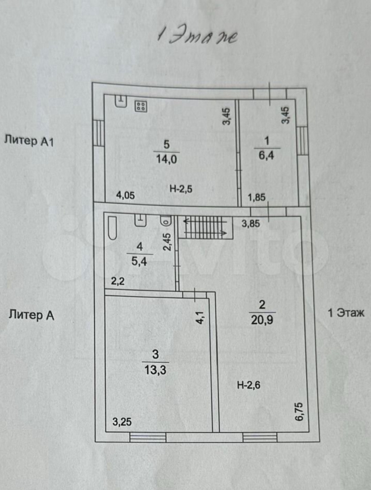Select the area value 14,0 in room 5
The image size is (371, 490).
coord(166,159)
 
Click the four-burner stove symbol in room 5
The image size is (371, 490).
coord(141,106)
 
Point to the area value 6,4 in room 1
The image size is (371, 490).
coord(266,155)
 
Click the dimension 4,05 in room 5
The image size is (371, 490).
coord(125,195)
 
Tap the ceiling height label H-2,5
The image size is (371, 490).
coord(181,189)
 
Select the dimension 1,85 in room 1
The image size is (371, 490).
coord(257,197)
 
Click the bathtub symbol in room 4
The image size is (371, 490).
coord(112,228)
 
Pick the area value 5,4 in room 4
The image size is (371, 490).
coord(139,262)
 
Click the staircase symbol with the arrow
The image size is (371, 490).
coord(205,227)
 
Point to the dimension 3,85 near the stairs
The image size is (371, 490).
coord(250,224)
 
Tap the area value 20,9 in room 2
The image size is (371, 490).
coord(262,320)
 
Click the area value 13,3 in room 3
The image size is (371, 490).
coord(155,370)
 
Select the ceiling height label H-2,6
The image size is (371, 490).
coord(249,385)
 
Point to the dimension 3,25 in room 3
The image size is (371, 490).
coord(122,422)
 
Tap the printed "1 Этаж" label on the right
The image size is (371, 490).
coord(346,313)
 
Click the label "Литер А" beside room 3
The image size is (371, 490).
coord(31,315)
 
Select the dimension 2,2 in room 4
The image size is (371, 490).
coord(118,281)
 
